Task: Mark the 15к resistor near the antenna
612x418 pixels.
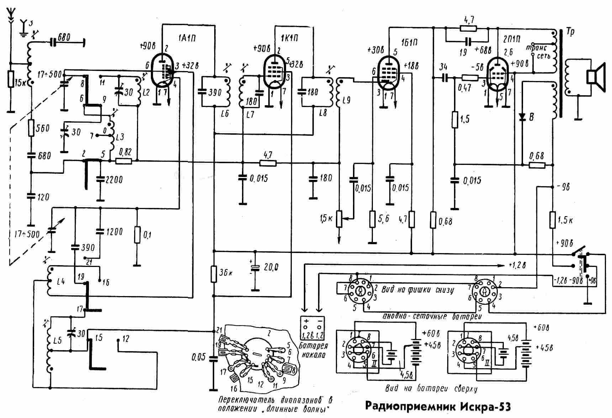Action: pyautogui.click(x=11, y=79)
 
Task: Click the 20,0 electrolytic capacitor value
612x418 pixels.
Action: pyautogui.click(x=271, y=267)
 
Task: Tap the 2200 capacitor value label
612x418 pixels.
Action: pyautogui.click(x=114, y=179)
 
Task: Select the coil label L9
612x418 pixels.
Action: pyautogui.click(x=347, y=100)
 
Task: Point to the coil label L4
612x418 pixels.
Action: pyautogui.click(x=61, y=282)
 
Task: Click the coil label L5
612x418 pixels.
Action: pyautogui.click(x=57, y=340)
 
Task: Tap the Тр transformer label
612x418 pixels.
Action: pyautogui.click(x=570, y=32)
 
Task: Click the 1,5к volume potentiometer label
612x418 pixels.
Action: pyautogui.click(x=326, y=218)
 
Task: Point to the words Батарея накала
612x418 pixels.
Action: pyautogui.click(x=313, y=350)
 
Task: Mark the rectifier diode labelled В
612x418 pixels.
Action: pyautogui.click(x=522, y=117)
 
